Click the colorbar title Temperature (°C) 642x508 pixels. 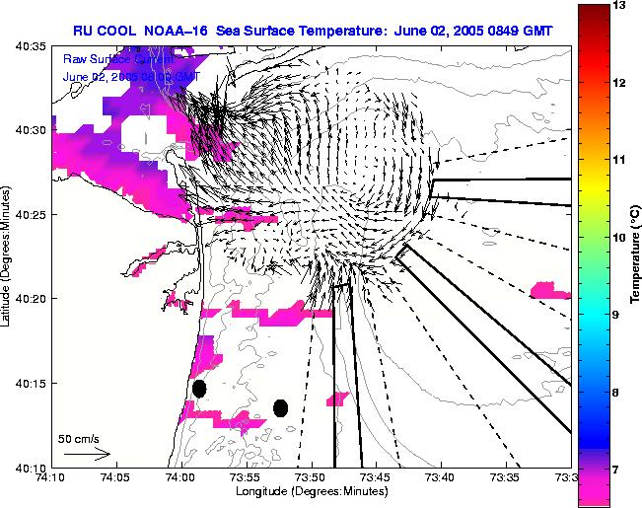click(x=636, y=254)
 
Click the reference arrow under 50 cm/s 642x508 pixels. click(x=87, y=454)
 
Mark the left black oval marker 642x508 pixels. click(x=199, y=389)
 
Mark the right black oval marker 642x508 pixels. click(x=281, y=407)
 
